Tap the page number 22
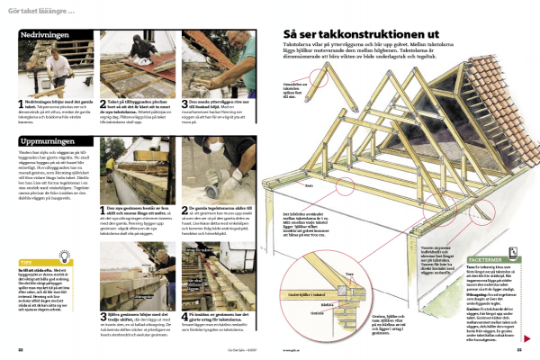[20, 350]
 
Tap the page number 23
[519, 350]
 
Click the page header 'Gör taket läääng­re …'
[44, 11]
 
